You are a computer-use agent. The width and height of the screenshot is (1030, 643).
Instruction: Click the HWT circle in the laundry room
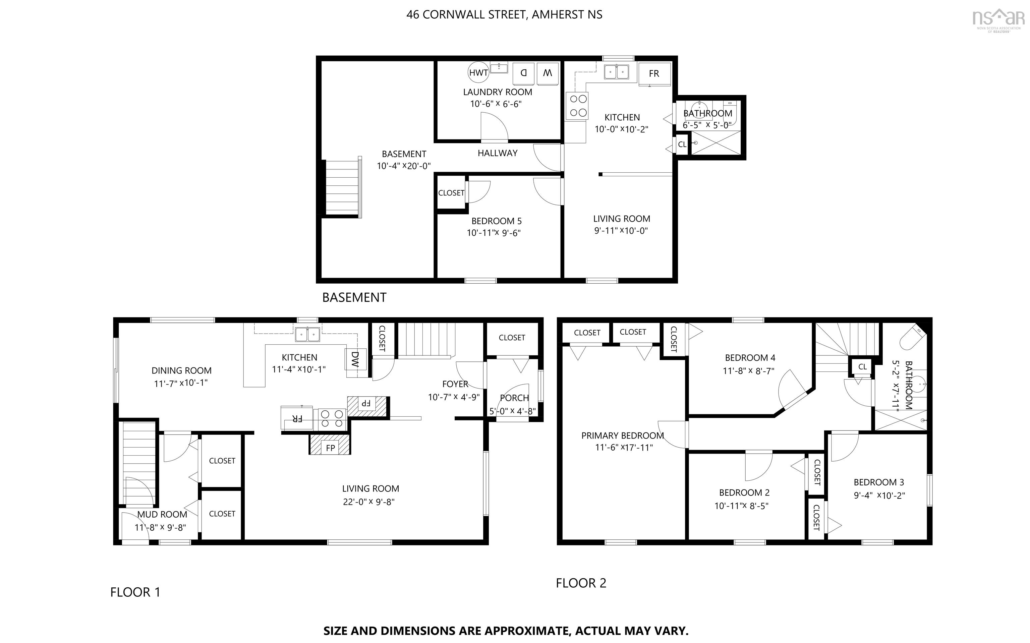tap(478, 73)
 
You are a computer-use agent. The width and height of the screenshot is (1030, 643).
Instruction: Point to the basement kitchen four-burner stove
tap(577, 106)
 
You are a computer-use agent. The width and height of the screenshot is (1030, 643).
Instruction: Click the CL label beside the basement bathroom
tap(682, 144)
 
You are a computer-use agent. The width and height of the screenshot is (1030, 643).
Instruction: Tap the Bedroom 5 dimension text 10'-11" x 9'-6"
tap(494, 233)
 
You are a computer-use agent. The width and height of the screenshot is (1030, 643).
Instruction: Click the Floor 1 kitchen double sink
tap(307, 334)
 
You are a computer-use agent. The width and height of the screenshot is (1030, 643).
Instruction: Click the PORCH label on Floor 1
tap(514, 398)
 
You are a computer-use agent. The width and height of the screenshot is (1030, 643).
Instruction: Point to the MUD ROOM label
tap(162, 515)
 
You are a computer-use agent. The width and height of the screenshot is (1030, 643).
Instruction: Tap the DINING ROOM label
tap(182, 371)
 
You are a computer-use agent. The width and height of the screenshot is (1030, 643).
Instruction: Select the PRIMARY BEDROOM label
tap(623, 435)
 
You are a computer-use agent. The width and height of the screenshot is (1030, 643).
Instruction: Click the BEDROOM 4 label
tap(750, 358)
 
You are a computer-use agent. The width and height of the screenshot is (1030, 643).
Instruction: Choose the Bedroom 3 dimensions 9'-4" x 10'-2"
tap(879, 495)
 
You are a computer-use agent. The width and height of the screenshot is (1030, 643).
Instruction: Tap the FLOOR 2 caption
tap(581, 583)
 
